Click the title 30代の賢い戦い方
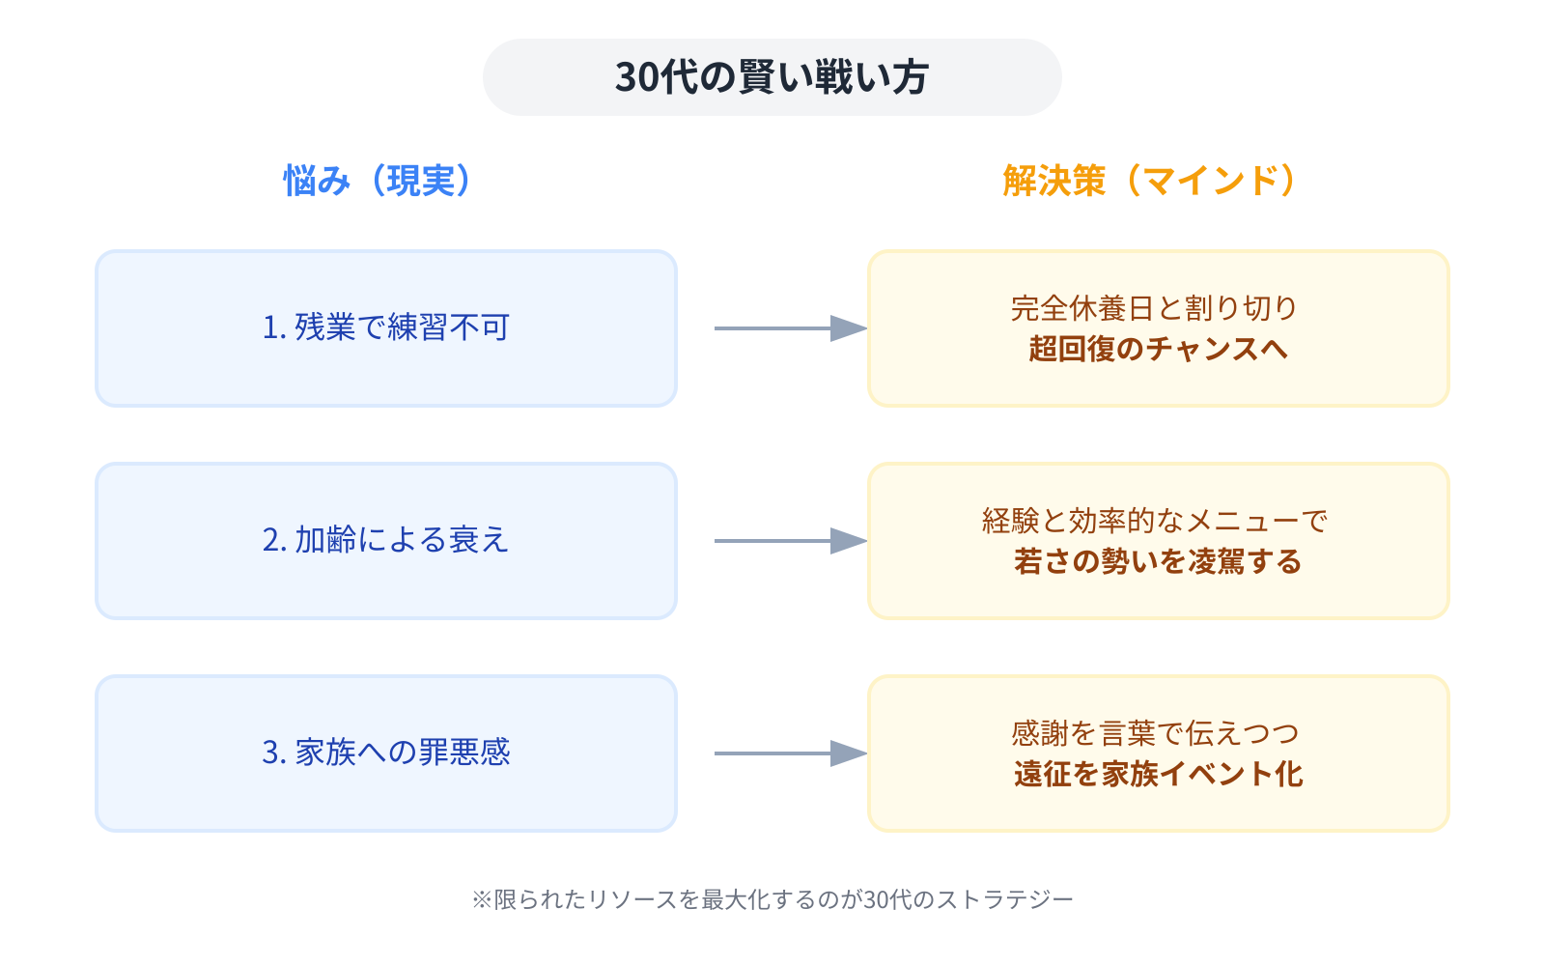[772, 77]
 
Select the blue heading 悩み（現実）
[379, 181]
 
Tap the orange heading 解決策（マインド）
[1151, 181]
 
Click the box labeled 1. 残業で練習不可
[385, 328]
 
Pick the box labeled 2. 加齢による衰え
[385, 541]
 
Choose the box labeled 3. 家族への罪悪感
[385, 753]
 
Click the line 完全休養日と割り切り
[1155, 308]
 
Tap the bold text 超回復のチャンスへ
[1158, 349]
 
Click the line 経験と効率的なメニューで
[1155, 521]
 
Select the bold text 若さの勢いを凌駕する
[1158, 561]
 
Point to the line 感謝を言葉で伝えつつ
[1155, 733]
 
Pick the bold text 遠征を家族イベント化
[1158, 774]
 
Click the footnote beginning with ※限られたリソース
[772, 899]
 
